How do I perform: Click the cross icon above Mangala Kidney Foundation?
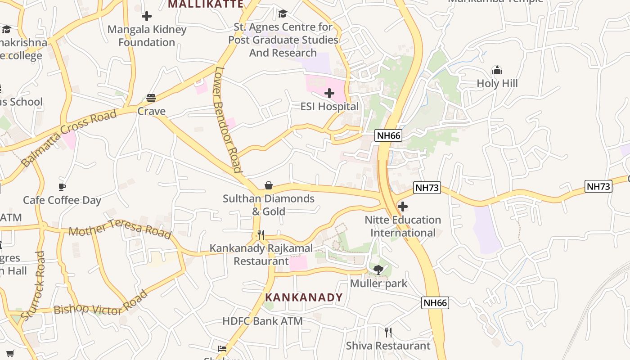point(147,17)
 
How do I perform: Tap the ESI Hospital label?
point(329,107)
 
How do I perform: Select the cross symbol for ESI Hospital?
point(329,93)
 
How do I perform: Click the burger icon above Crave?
point(151,98)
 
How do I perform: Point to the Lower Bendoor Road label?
point(228,120)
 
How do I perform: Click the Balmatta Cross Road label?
point(69,138)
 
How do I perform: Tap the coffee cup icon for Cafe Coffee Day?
point(62,187)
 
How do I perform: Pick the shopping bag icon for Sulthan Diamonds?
point(269,185)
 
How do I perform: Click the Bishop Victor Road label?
point(101,305)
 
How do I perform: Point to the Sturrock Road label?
point(33,285)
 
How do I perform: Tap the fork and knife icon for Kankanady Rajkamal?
point(261,235)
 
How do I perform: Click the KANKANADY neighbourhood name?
point(304,297)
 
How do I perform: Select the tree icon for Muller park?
point(378,270)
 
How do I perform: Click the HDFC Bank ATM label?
point(262,321)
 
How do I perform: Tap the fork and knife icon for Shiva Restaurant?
point(388,333)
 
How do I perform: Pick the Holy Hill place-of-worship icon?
point(497,70)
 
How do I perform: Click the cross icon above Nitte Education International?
point(403,207)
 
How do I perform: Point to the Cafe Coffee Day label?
point(62,200)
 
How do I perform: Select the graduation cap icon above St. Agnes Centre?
point(283,14)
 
